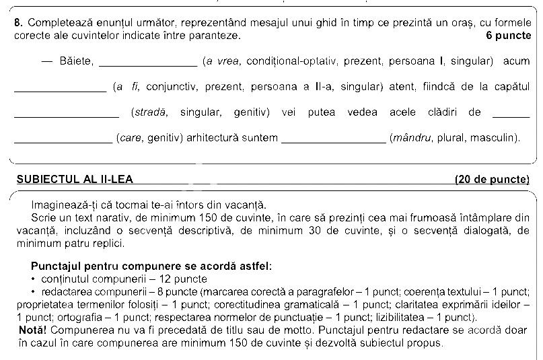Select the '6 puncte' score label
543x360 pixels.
pyautogui.click(x=507, y=34)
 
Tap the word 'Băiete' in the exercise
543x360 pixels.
pyautogui.click(x=75, y=62)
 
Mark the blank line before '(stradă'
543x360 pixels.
pyautogui.click(x=66, y=116)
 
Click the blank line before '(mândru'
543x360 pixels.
pyautogui.click(x=333, y=141)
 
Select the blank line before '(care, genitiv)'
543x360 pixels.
pyautogui.click(x=63, y=141)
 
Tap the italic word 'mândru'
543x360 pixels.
pyautogui.click(x=412, y=138)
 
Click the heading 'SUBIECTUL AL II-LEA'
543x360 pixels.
pyautogui.click(x=75, y=179)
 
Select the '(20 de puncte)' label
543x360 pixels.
pyautogui.click(x=492, y=179)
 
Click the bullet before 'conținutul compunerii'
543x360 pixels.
pyautogui.click(x=33, y=279)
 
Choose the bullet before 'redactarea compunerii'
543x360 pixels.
pyautogui.click(x=33, y=291)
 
